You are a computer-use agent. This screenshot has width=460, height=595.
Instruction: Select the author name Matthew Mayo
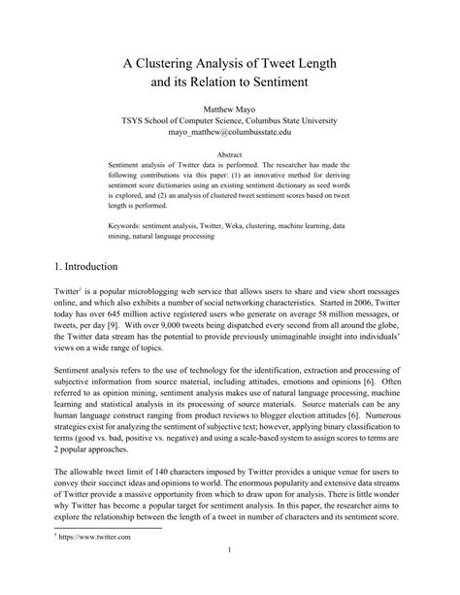pos(230,110)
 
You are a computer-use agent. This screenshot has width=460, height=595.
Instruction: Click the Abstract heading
pos(230,154)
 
